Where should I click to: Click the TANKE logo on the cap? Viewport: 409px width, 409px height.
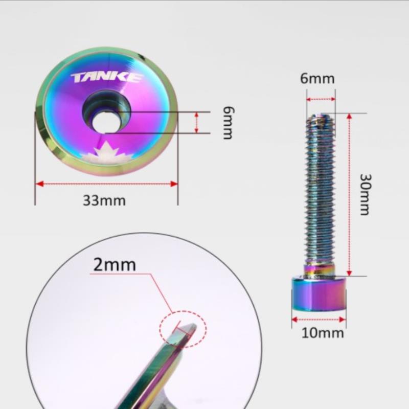(107, 78)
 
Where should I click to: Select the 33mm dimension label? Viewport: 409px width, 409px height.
(104, 200)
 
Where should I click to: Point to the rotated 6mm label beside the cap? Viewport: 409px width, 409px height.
(229, 123)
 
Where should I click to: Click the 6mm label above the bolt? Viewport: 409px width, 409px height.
(317, 78)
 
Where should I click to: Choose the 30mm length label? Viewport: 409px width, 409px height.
(365, 195)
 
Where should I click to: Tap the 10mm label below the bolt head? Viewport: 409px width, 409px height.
(323, 333)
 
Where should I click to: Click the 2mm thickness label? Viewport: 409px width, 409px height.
(115, 265)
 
